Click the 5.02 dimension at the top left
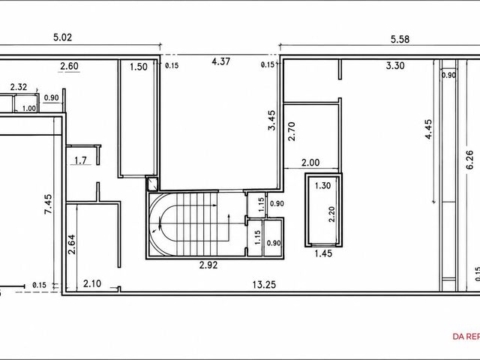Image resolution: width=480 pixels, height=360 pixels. tap(62, 37)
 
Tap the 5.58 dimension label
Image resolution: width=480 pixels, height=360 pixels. tap(400, 39)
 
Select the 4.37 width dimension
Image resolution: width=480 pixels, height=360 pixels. tap(220, 61)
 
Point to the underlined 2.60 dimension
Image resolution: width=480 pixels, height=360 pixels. tap(69, 66)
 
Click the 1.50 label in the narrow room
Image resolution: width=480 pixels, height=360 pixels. tap(139, 67)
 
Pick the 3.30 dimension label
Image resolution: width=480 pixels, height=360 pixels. tap(395, 65)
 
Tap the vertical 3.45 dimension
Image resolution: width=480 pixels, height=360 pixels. tap(271, 120)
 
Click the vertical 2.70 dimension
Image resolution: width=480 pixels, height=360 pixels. tap(292, 131)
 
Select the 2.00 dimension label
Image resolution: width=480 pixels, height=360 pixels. tap(310, 163)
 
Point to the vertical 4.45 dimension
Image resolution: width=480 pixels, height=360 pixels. tap(428, 129)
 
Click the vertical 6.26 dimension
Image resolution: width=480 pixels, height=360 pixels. tap(469, 159)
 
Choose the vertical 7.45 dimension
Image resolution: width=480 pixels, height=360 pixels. tap(48, 204)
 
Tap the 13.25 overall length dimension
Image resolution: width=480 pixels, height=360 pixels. tap(264, 285)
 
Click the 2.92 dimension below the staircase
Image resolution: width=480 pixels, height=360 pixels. tap(208, 265)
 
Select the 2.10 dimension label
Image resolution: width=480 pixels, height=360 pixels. tap(92, 283)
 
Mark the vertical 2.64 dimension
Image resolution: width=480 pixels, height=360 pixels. tap(72, 244)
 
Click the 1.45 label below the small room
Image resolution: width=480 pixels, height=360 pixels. tap(323, 253)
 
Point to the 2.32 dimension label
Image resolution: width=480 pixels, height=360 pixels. tap(19, 87)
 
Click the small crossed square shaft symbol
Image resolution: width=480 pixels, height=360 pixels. tap(151, 184)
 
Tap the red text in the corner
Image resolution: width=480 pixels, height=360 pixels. tap(466, 337)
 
